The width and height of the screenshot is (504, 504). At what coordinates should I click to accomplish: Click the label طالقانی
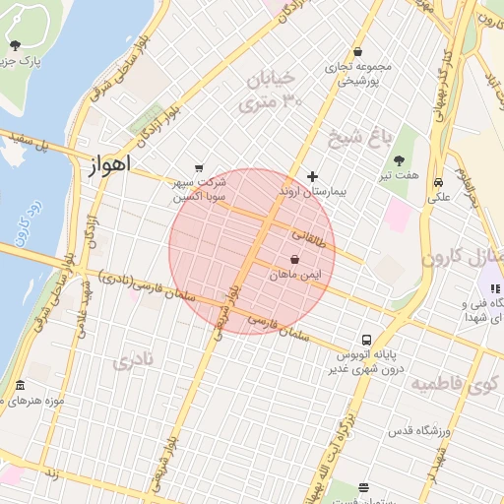click(307, 236)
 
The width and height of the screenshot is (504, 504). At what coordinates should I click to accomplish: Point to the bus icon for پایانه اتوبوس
click(367, 337)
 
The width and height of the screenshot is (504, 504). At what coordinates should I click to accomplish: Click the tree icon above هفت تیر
click(399, 159)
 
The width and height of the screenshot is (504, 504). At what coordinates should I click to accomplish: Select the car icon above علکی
click(437, 182)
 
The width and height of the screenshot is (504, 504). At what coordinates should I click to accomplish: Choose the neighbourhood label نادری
click(134, 361)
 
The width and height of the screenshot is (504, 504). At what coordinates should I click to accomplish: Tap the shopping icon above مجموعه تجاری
click(357, 52)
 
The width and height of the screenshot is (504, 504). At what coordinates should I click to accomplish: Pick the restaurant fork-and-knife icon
click(495, 287)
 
